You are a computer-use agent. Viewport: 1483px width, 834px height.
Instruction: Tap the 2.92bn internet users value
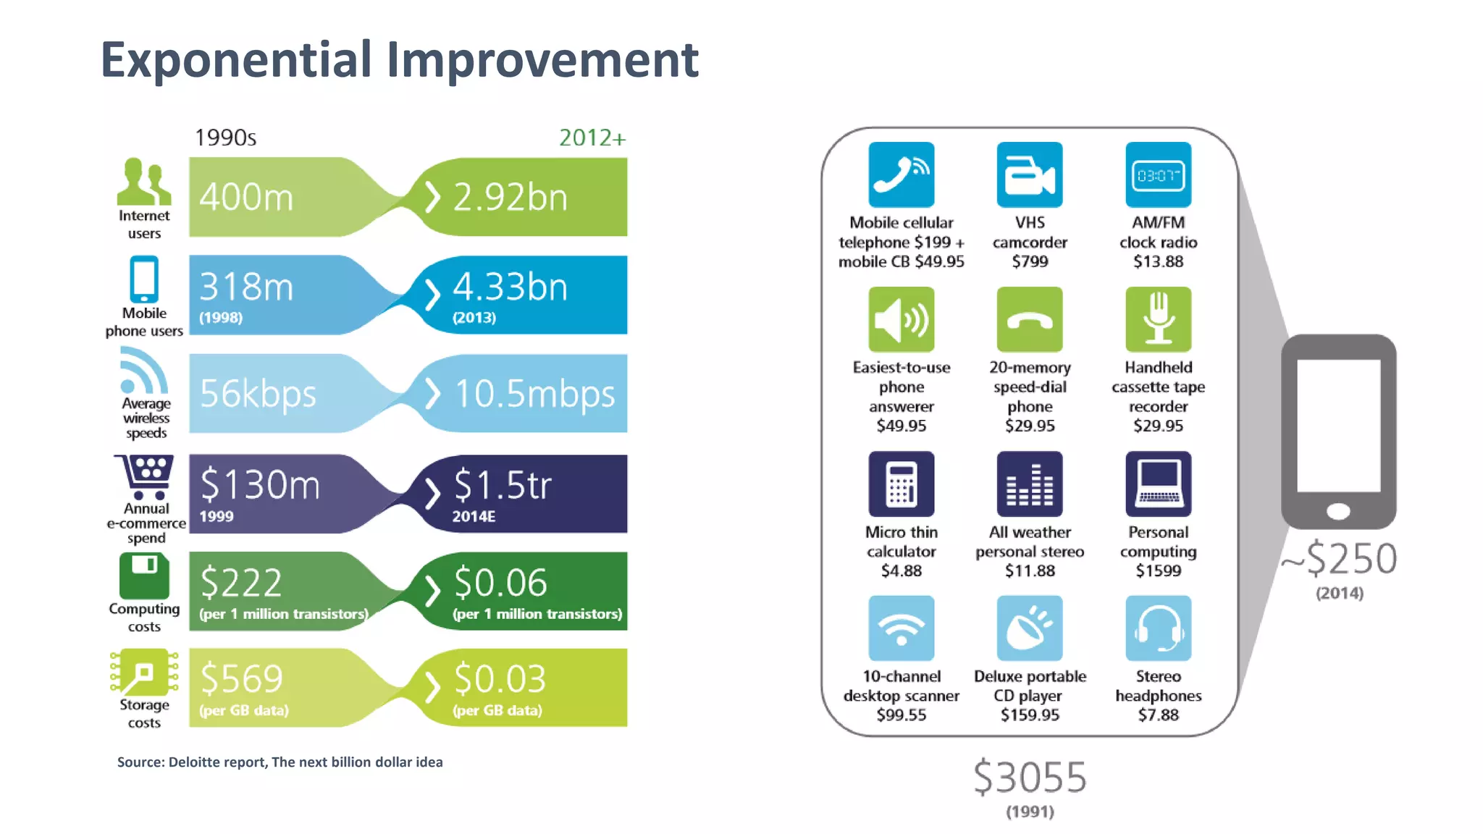tap(510, 197)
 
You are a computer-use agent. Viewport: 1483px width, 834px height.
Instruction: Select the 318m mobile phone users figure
tap(246, 287)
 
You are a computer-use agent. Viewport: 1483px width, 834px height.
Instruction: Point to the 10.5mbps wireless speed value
tap(534, 394)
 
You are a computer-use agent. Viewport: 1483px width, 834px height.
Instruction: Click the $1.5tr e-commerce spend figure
tap(503, 484)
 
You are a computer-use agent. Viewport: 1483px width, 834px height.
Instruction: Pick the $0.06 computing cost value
tap(500, 582)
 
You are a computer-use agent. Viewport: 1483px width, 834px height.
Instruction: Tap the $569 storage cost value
tap(241, 678)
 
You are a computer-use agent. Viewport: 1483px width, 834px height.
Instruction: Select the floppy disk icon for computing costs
tap(144, 576)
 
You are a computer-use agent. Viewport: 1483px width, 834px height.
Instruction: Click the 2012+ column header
tap(592, 138)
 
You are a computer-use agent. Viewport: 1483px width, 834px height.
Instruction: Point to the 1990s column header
tap(225, 138)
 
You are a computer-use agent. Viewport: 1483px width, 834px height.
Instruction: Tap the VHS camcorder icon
tap(1029, 175)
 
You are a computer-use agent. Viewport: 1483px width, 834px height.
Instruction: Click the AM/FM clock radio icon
tap(1158, 175)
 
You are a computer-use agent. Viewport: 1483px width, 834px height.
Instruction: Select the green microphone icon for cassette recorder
tap(1158, 319)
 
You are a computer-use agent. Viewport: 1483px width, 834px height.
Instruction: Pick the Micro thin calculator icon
tap(901, 484)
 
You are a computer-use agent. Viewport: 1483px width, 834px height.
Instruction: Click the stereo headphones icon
tap(1158, 628)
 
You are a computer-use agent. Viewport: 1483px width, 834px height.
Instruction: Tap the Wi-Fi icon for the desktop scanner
tap(901, 628)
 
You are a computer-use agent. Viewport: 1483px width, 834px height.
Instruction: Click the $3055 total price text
tap(1029, 778)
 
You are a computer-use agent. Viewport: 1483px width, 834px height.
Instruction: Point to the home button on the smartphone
tap(1338, 511)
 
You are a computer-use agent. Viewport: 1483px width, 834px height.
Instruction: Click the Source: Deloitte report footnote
tap(280, 762)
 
